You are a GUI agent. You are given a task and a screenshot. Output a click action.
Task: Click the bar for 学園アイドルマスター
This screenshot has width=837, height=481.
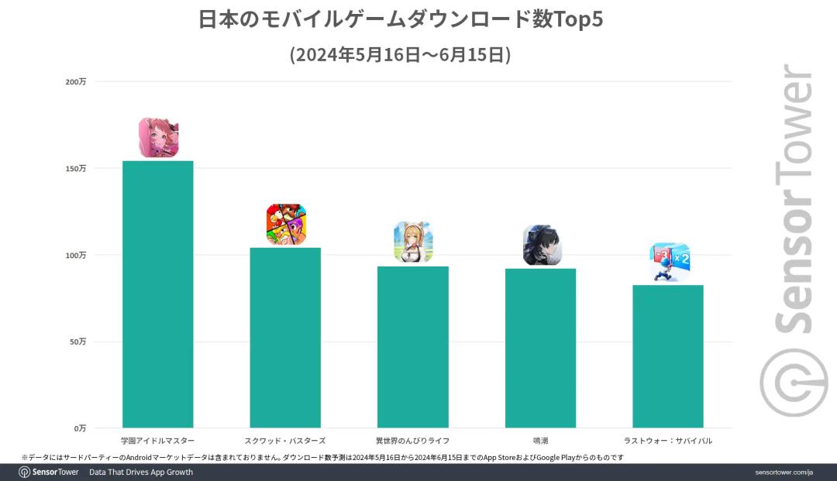pyautogui.click(x=157, y=294)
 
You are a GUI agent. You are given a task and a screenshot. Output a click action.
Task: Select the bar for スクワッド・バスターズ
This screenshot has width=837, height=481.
pyautogui.click(x=285, y=338)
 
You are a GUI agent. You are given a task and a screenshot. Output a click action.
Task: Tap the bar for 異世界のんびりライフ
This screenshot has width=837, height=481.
pyautogui.click(x=412, y=347)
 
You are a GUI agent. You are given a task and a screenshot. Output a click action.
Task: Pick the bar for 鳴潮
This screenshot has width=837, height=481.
pyautogui.click(x=540, y=348)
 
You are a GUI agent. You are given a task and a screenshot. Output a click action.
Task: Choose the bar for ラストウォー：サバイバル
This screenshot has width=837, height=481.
pyautogui.click(x=667, y=356)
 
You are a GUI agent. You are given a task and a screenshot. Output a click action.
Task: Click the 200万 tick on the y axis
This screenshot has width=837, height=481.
pyautogui.click(x=76, y=81)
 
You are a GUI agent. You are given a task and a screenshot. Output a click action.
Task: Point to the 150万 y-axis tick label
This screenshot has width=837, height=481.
pyautogui.click(x=76, y=168)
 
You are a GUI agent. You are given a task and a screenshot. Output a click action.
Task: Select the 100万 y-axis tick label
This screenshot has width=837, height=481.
pyautogui.click(x=76, y=255)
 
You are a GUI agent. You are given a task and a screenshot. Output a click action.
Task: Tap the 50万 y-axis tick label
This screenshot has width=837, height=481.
pyautogui.click(x=77, y=342)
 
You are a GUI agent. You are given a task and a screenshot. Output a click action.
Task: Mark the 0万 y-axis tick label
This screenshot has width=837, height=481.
pyautogui.click(x=80, y=428)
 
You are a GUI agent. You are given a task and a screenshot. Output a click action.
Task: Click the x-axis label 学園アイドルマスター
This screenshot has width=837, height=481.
pyautogui.click(x=157, y=441)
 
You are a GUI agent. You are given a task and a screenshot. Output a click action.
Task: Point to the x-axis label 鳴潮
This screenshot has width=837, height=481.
pyautogui.click(x=540, y=441)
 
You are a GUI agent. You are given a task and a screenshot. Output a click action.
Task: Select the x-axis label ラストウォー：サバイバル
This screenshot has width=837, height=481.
pyautogui.click(x=667, y=441)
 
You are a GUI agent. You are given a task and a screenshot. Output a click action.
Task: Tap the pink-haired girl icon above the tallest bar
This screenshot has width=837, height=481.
pyautogui.click(x=158, y=138)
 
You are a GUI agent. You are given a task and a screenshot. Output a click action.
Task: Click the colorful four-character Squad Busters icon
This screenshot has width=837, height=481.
pyautogui.click(x=286, y=225)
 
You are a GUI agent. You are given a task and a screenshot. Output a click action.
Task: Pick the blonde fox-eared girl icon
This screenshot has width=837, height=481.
pyautogui.click(x=413, y=242)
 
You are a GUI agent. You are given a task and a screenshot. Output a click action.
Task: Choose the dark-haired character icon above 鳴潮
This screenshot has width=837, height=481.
pyautogui.click(x=541, y=246)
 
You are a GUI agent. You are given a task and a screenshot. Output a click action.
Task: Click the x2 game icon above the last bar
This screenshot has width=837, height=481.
pyautogui.click(x=669, y=262)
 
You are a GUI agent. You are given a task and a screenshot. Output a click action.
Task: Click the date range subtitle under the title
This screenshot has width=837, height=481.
pyautogui.click(x=400, y=55)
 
